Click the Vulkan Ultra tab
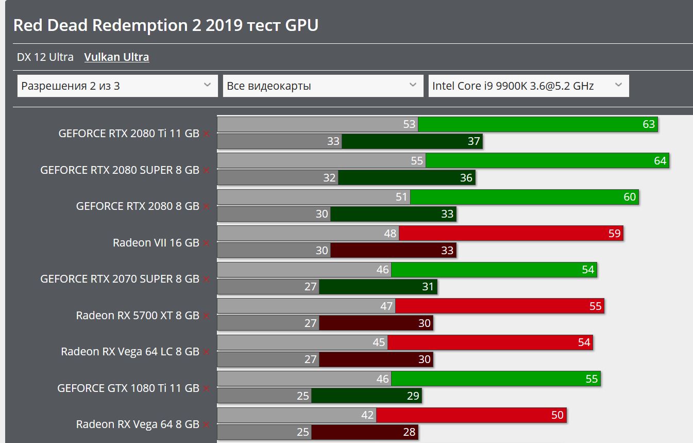[x=116, y=57]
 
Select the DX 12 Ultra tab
[x=45, y=57]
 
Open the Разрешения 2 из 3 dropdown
[x=117, y=86]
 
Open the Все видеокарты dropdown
[x=322, y=86]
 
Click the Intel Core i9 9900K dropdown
[x=528, y=86]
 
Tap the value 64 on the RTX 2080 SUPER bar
[x=660, y=161]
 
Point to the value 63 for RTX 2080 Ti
[x=649, y=124]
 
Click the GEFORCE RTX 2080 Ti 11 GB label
[x=129, y=133]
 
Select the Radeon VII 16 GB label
[x=156, y=242]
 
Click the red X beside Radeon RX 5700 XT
[x=206, y=316]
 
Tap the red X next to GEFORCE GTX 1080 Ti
[x=206, y=388]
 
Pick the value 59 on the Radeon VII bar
[x=614, y=234]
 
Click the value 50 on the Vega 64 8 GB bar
[x=557, y=415]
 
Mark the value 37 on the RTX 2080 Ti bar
[x=474, y=141]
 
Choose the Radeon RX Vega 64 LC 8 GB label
[x=130, y=352]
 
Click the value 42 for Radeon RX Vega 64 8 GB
[x=367, y=415]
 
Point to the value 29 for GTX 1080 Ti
[x=413, y=396]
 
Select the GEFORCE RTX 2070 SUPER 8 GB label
[x=120, y=279]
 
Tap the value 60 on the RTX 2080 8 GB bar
[x=630, y=197]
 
